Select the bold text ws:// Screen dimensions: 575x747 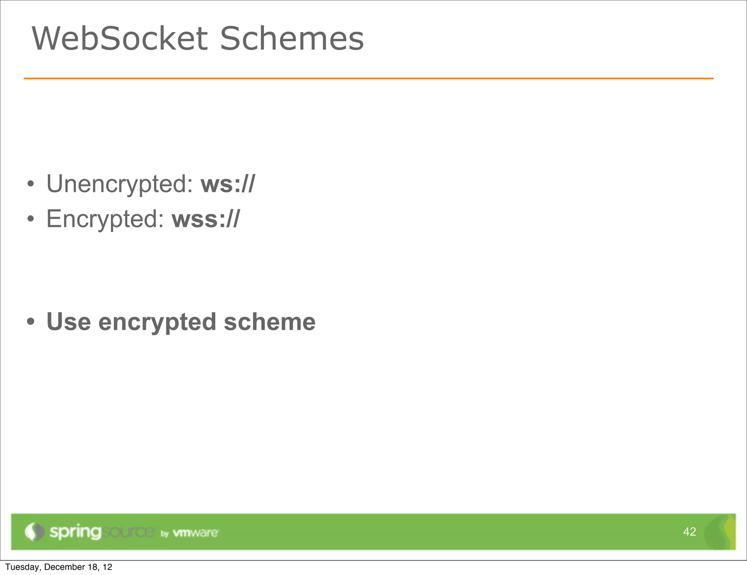pos(228,184)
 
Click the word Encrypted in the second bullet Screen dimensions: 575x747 pos(105,219)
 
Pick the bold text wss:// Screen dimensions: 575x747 pos(206,219)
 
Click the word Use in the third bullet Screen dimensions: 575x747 pos(69,322)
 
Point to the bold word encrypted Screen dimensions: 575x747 pos(157,323)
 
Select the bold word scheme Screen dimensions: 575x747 pos(270,322)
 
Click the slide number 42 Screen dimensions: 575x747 pos(689,532)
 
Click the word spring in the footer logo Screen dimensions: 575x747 pos(75,532)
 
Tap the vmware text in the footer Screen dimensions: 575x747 pos(196,533)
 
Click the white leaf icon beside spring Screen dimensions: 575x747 pos(34,532)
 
